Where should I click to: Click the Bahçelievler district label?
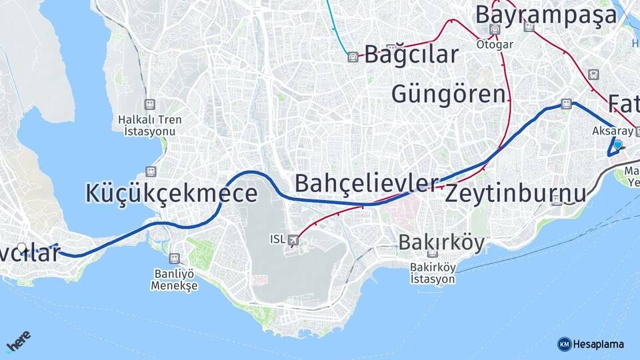point(367,183)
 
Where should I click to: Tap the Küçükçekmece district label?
point(171,193)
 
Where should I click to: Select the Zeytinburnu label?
point(515,193)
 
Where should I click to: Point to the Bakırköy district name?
point(441,243)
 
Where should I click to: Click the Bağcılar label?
point(411,55)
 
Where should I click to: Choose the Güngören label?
point(448,94)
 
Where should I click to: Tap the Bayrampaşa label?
point(546,15)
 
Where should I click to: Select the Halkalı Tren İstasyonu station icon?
point(149,105)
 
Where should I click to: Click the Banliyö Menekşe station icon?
point(175,258)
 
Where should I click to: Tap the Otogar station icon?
point(495,29)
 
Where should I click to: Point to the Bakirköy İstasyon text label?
point(433,273)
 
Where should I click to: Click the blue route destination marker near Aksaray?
point(617,145)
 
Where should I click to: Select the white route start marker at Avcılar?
point(23,248)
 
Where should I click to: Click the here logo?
point(18,342)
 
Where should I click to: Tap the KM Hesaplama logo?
point(591,344)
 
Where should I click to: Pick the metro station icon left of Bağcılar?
point(352,57)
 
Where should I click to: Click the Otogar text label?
point(495,45)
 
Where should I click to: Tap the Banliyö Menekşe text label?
point(174,279)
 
